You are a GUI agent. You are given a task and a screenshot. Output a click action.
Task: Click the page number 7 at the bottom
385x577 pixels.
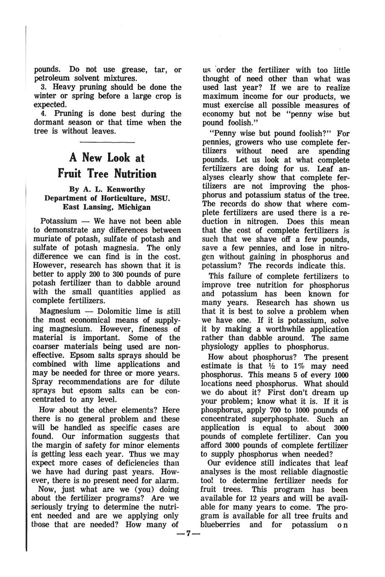[x=189, y=534]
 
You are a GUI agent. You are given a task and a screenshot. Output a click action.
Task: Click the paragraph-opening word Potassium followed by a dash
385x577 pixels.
[x=59, y=221]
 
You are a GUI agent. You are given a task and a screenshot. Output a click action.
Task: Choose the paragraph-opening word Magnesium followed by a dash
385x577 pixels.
[x=60, y=311]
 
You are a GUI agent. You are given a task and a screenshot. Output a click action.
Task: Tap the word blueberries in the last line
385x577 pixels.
[x=221, y=524]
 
